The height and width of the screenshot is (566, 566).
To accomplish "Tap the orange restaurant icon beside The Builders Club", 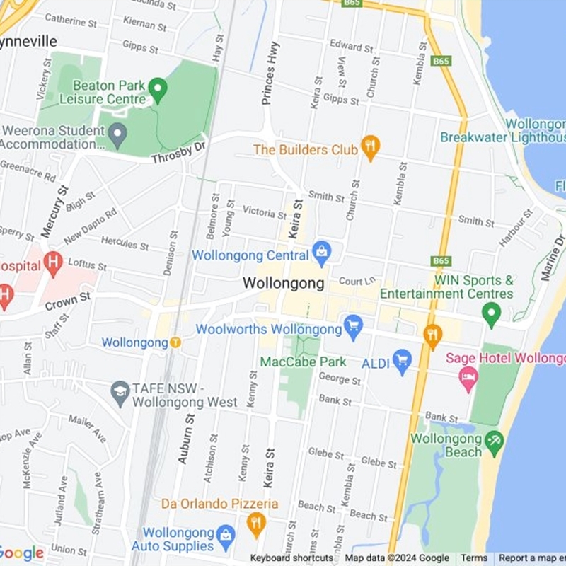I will coord(370,148).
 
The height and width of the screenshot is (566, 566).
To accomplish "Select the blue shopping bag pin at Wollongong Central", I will coord(322,253).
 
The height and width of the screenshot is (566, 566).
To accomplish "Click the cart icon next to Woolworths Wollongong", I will coord(353,328).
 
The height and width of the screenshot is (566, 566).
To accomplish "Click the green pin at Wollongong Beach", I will coord(494,442).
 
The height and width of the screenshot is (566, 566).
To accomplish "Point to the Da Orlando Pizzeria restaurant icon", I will coord(256,524).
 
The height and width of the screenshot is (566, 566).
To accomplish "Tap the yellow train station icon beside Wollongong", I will coord(175,342).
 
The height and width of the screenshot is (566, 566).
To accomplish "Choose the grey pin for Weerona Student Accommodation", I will coord(117,132).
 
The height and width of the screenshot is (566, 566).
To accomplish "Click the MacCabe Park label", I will coord(303,362).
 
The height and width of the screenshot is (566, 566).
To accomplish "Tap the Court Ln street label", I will coord(355,281).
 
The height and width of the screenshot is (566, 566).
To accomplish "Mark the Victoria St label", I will coord(264,212).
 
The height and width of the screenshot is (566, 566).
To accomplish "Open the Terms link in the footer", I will coord(474,558).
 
